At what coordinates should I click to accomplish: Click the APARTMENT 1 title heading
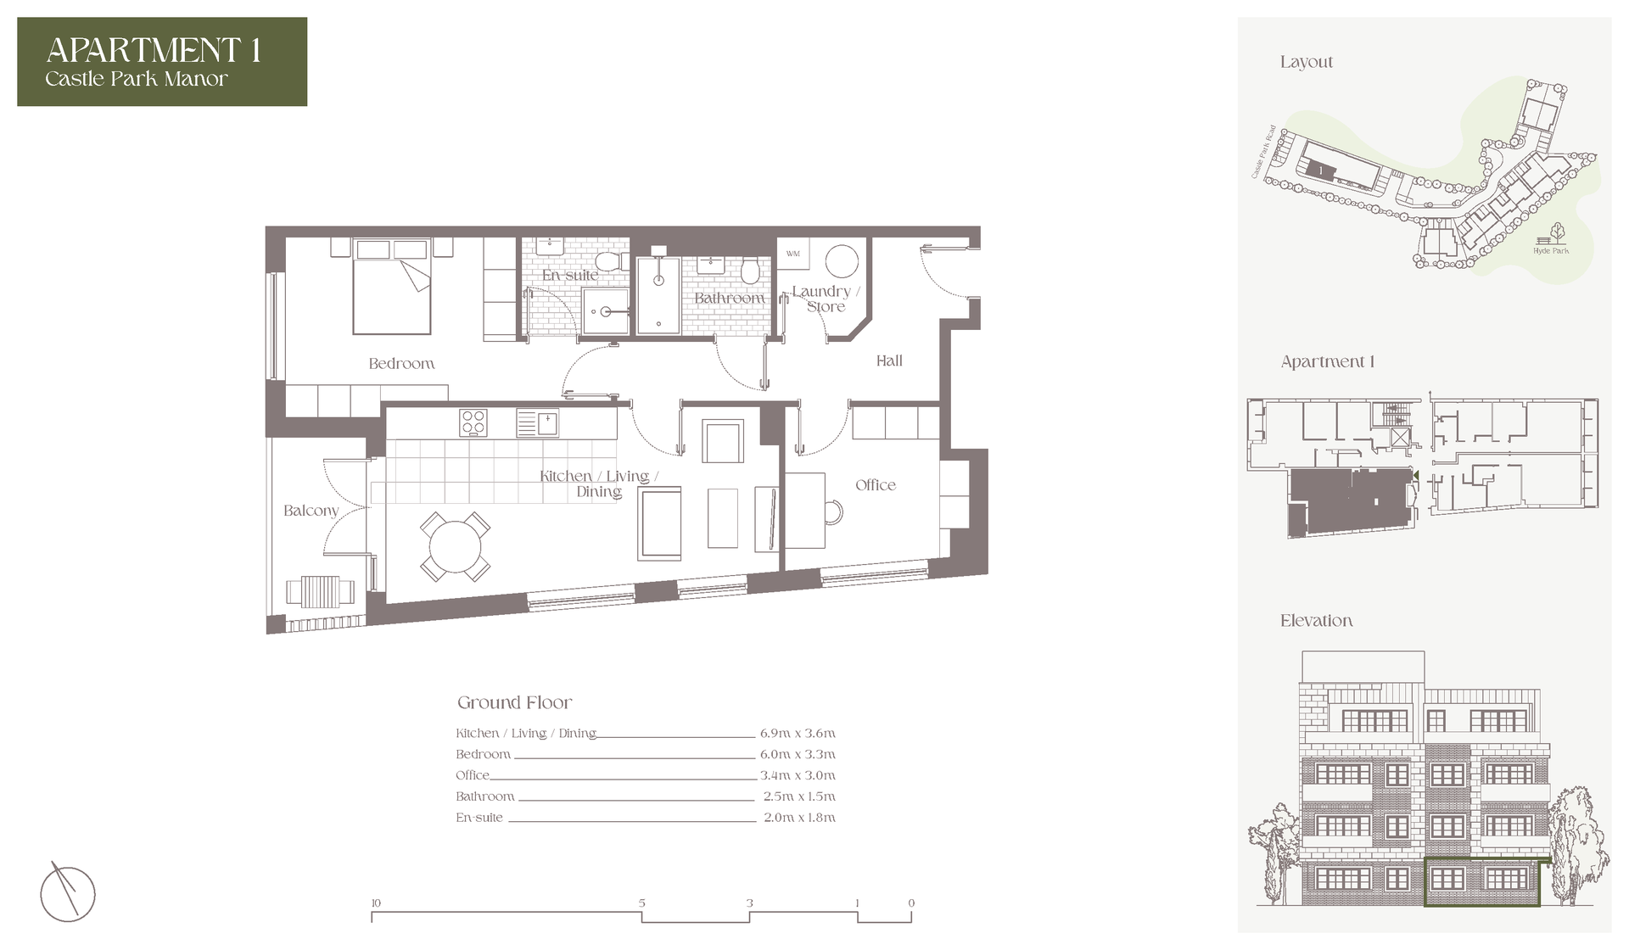[x=154, y=50]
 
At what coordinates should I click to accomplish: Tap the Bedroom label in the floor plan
[x=401, y=363]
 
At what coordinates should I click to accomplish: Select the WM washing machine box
[x=793, y=254]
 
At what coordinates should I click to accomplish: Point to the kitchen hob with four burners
[x=473, y=422]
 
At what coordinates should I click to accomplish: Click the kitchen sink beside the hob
[x=537, y=422]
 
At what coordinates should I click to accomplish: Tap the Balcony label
[x=311, y=510]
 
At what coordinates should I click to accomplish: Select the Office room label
[x=876, y=484]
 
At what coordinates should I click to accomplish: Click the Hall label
[x=889, y=360]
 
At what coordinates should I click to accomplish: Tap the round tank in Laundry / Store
[x=842, y=262]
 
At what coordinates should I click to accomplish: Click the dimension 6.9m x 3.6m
[x=798, y=733]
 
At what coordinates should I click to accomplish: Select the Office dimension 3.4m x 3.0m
[x=798, y=775]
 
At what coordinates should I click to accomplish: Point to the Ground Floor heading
[x=515, y=702]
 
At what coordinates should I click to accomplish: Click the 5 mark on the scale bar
[x=642, y=903]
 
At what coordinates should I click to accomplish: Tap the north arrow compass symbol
[x=68, y=892]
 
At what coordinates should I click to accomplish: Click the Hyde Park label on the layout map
[x=1551, y=251]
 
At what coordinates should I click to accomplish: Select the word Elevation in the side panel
[x=1316, y=621]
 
